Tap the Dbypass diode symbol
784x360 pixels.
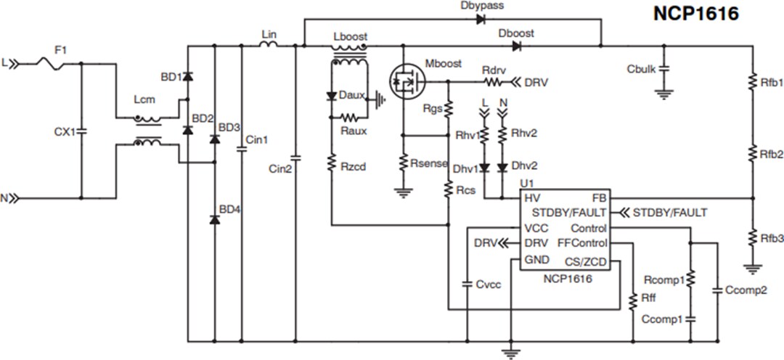[x=481, y=20]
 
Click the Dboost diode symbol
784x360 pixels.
[x=516, y=46]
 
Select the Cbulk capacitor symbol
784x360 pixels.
[x=663, y=70]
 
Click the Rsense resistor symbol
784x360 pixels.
[x=403, y=164]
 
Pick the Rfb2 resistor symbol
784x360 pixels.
[x=754, y=154]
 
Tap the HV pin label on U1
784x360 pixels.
[x=531, y=198]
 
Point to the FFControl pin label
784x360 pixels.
[x=582, y=244]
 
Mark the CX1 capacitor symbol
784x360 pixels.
[x=80, y=133]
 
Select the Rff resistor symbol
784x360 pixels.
[x=632, y=298]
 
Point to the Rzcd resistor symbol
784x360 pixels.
[x=331, y=164]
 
